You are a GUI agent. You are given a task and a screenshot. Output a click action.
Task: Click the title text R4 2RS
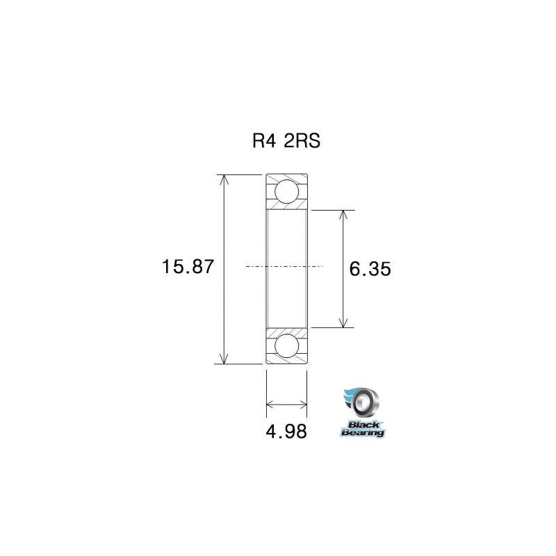pyautogui.click(x=286, y=142)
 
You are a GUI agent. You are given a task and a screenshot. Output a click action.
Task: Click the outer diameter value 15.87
pyautogui.click(x=183, y=267)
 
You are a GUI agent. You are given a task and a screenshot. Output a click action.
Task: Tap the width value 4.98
pyautogui.click(x=286, y=432)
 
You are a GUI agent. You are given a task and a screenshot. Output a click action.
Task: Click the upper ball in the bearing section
pyautogui.click(x=286, y=190)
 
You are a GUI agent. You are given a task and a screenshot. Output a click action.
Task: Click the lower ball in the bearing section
pyautogui.click(x=286, y=345)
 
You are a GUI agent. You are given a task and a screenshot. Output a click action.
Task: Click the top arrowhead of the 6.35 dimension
pyautogui.click(x=343, y=214)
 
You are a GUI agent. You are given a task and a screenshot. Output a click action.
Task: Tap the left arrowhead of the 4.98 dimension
pyautogui.click(x=271, y=403)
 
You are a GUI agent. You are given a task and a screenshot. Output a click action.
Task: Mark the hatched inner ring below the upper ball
pyautogui.click(x=286, y=206)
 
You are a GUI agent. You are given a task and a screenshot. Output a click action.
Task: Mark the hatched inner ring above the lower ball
pyautogui.click(x=286, y=329)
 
